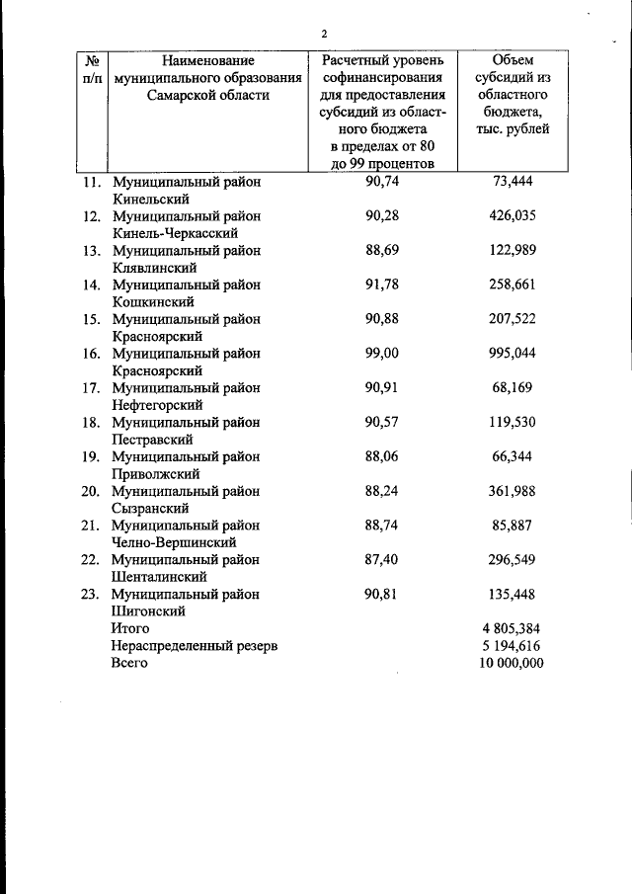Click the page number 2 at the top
click(x=324, y=35)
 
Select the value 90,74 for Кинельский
click(x=381, y=182)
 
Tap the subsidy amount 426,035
click(x=513, y=216)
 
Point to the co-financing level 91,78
click(x=381, y=284)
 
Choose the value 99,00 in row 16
click(x=381, y=354)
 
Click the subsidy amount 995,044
click(x=513, y=354)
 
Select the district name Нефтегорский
click(x=158, y=405)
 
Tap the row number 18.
click(x=91, y=423)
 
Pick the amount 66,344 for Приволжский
click(x=513, y=456)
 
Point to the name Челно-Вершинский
click(x=174, y=542)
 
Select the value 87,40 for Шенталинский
click(x=381, y=559)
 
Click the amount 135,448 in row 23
click(x=513, y=594)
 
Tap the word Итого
click(x=130, y=628)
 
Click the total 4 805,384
click(x=510, y=628)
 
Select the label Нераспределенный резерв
click(x=195, y=645)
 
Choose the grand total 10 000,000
click(x=510, y=663)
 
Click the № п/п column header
click(x=91, y=69)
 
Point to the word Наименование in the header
click(x=202, y=60)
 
